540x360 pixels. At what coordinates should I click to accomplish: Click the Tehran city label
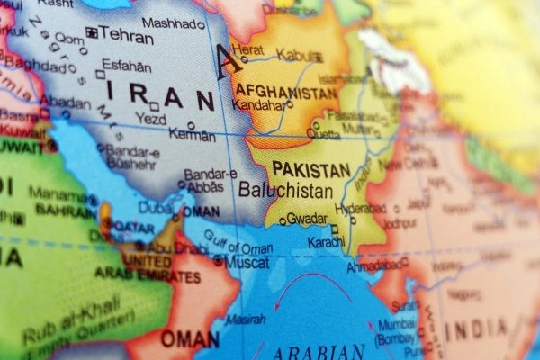[128, 34]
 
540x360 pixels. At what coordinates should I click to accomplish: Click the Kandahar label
[258, 105]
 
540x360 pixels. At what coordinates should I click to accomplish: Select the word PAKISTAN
[310, 169]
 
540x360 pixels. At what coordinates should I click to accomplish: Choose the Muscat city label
[247, 262]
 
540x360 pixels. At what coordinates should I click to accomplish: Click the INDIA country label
[475, 329]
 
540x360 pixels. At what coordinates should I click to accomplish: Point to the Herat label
[248, 49]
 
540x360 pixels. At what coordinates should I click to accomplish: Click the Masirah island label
[243, 319]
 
